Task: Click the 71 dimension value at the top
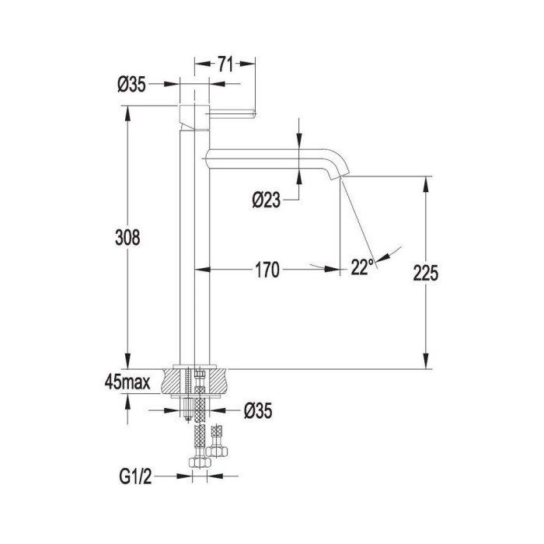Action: tap(225, 65)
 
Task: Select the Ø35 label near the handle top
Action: tap(131, 85)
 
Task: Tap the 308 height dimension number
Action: tap(127, 238)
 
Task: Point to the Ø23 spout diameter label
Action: tap(267, 201)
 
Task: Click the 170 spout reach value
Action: tap(267, 270)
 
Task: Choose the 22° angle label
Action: tap(363, 267)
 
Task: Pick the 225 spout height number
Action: tap(426, 273)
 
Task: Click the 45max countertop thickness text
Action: tap(127, 382)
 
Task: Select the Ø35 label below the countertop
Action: tap(258, 411)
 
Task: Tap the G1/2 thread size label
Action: tap(136, 476)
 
